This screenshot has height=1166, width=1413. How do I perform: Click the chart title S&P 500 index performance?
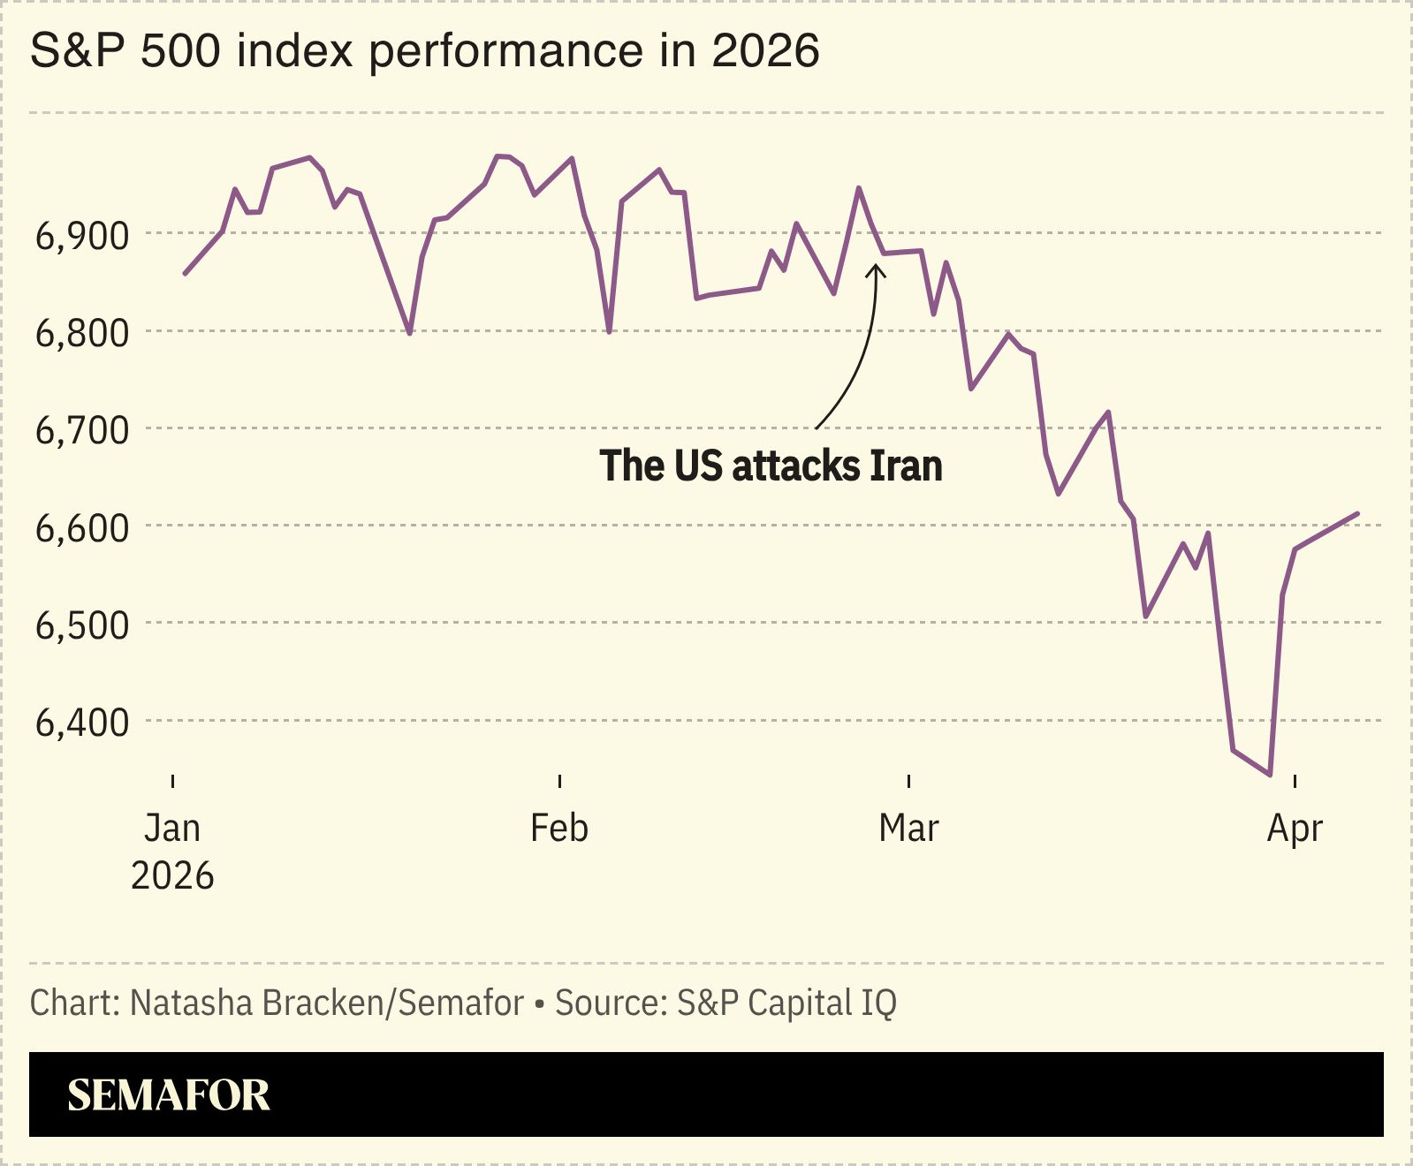424,51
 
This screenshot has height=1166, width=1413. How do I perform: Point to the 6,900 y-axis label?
81,236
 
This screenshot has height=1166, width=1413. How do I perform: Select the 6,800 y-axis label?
81,333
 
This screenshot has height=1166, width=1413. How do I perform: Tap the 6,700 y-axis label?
81,430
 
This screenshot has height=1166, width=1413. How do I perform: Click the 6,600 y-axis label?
81,527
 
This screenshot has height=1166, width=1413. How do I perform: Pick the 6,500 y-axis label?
81,625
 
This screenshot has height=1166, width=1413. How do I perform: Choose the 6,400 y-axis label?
81,722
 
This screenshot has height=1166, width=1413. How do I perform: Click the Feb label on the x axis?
558,829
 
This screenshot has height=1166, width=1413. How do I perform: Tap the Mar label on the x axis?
908,829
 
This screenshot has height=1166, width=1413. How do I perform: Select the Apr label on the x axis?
1295,829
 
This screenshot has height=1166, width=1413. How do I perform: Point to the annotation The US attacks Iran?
771,466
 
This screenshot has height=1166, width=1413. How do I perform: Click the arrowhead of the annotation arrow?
876,268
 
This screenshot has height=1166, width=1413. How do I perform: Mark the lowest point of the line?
1270,775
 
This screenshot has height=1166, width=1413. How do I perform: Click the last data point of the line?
1357,513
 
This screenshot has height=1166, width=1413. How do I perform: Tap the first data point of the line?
185,274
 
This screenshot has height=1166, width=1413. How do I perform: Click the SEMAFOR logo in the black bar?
169,1095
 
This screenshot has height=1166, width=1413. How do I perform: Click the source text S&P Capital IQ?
786,1003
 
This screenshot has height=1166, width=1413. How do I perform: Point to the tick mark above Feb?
559,781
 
